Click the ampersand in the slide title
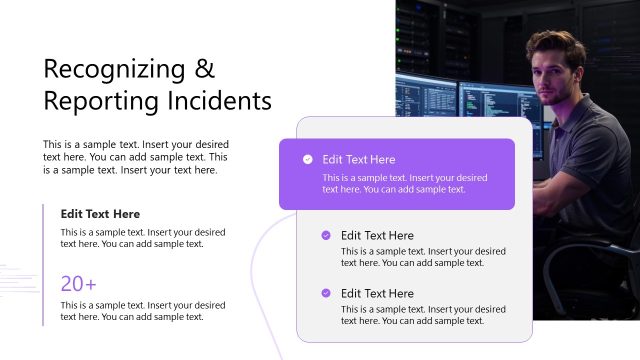click(x=204, y=69)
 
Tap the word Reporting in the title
click(x=91, y=101)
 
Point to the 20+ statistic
click(x=78, y=283)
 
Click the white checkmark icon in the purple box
click(x=307, y=159)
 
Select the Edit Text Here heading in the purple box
click(x=358, y=159)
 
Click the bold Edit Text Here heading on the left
click(x=100, y=214)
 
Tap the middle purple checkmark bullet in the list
click(x=326, y=236)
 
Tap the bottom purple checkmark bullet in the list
click(x=326, y=293)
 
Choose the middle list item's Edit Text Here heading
click(x=377, y=236)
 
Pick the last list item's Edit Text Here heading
click(x=377, y=293)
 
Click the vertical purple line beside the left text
click(x=43, y=264)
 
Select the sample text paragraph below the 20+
click(x=142, y=311)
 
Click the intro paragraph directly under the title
click(x=135, y=157)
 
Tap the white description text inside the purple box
click(x=404, y=183)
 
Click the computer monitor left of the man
click(x=430, y=100)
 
